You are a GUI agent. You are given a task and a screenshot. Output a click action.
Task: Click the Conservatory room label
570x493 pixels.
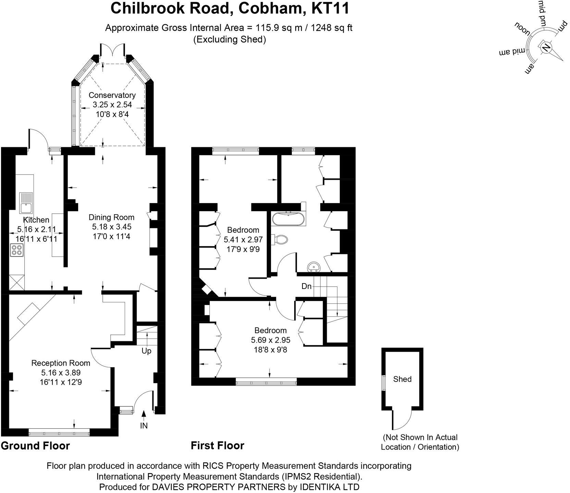click(x=112, y=95)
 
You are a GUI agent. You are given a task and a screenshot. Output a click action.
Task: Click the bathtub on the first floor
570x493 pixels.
click(x=288, y=219)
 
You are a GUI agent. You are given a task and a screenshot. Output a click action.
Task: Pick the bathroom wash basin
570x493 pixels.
click(x=313, y=266)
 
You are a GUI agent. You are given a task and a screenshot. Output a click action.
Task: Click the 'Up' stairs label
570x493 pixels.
click(x=147, y=351)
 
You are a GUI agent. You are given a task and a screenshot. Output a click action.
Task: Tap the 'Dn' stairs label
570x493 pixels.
click(x=307, y=286)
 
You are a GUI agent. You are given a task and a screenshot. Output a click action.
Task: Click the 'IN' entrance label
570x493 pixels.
click(x=144, y=426)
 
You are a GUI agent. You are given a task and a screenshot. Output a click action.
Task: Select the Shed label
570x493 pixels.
click(x=402, y=379)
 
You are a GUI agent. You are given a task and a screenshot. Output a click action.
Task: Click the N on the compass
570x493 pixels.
click(x=546, y=47)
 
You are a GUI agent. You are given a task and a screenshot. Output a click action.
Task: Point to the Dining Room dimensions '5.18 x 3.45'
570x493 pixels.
click(x=112, y=227)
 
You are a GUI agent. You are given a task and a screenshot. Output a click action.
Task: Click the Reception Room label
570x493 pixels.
click(x=61, y=363)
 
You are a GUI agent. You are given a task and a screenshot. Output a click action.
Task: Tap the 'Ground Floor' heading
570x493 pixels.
click(x=35, y=446)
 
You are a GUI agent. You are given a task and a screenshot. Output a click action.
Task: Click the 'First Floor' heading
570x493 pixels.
click(x=218, y=445)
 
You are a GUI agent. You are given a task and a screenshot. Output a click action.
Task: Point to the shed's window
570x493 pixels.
click(x=384, y=383)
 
